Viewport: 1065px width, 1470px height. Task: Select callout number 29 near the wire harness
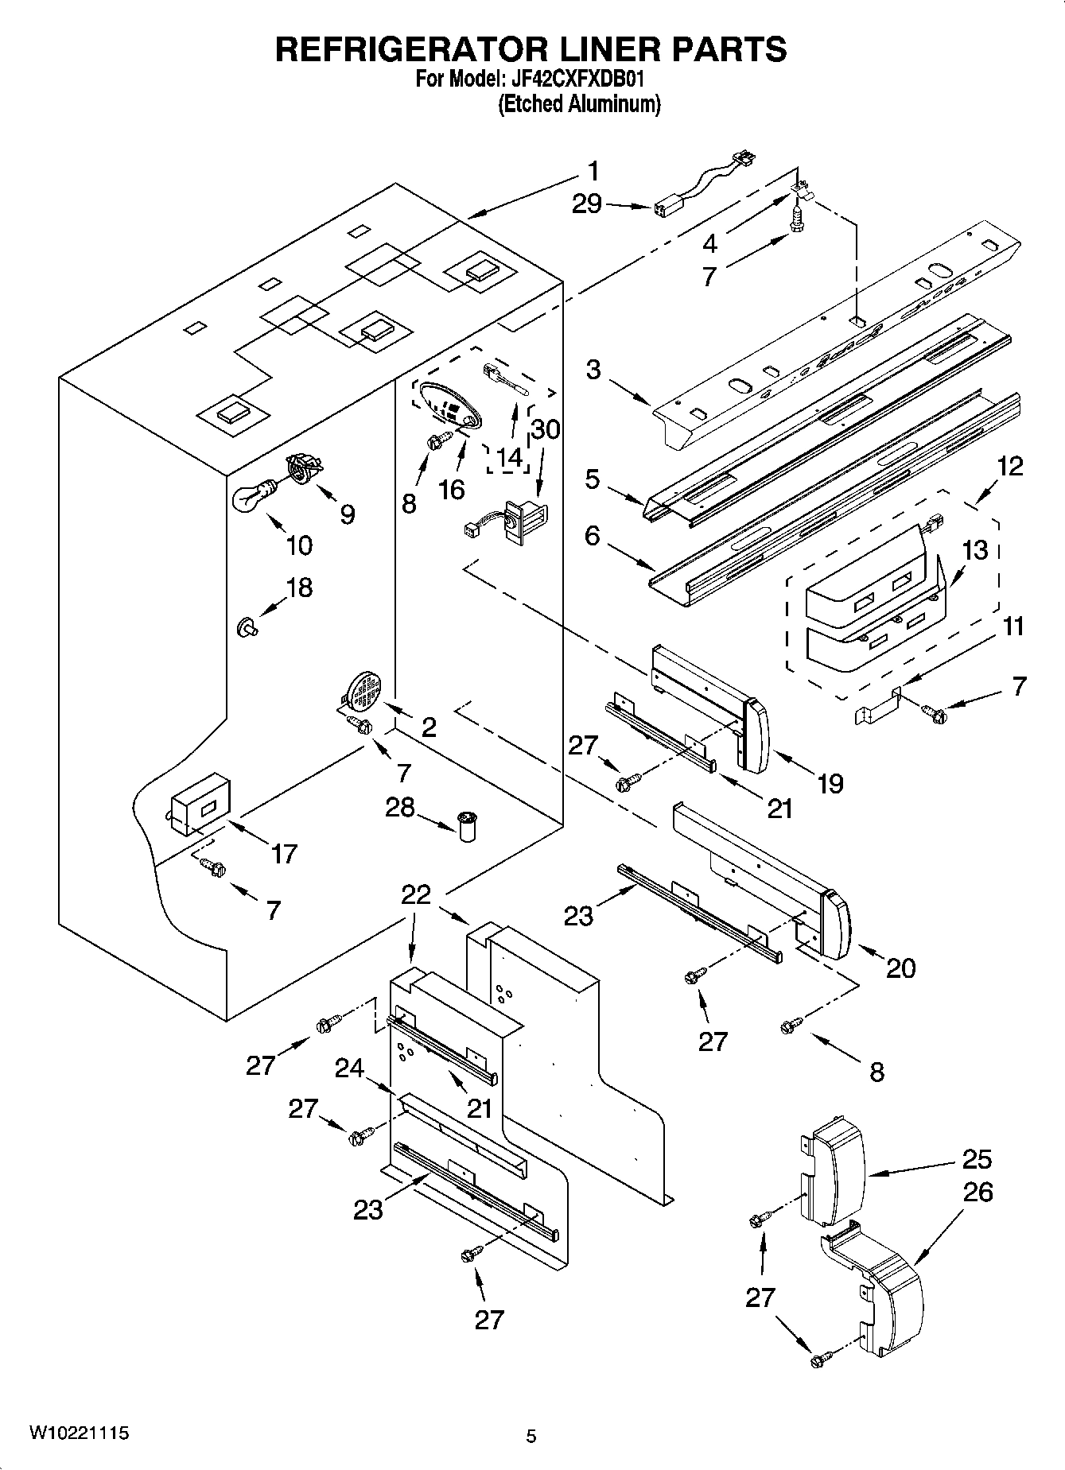(x=587, y=204)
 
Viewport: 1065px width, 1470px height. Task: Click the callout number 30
(x=545, y=429)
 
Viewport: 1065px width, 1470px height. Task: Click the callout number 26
(x=977, y=1193)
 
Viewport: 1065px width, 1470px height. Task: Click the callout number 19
(x=830, y=784)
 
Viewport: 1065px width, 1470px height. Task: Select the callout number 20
(x=900, y=968)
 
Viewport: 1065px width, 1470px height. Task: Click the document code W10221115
(x=80, y=1433)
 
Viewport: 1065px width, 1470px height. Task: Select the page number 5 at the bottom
(x=531, y=1436)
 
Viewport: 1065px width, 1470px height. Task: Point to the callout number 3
(x=593, y=370)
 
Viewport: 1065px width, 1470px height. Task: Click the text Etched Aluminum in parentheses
(x=579, y=104)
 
